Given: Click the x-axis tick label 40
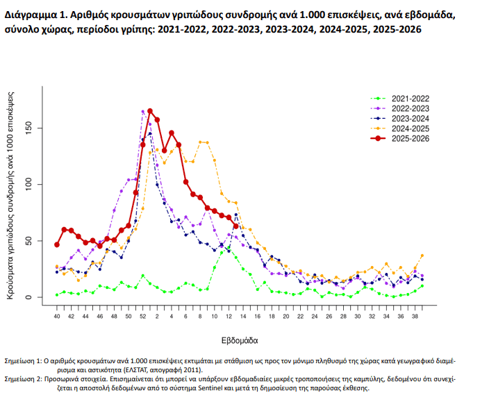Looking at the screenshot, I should coord(57,317).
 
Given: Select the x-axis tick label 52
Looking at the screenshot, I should coord(142,317).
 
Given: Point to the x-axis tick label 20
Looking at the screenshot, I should coord(285,317).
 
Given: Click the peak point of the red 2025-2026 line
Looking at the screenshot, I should coord(150,111).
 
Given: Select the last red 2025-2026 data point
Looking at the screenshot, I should coord(236,226).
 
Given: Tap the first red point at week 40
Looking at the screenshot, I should coord(57,244).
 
